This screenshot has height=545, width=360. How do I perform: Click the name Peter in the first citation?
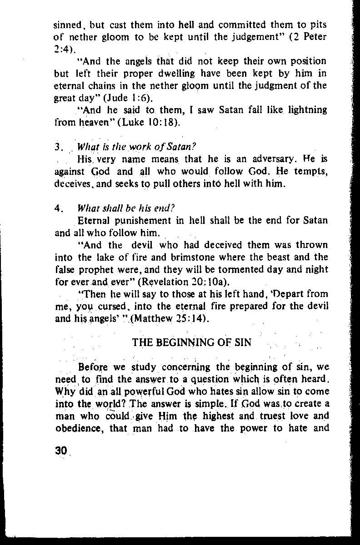tap(316, 36)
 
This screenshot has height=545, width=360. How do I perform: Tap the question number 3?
tap(57, 148)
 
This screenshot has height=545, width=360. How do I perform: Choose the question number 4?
tap(58, 209)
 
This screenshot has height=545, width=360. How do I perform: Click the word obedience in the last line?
tap(75, 428)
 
